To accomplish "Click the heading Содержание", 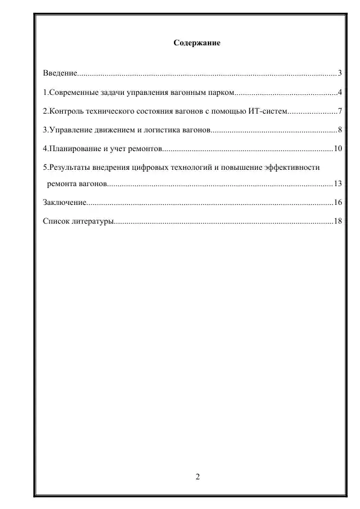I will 197,44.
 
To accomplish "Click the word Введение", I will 60,74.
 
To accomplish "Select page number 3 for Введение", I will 340,74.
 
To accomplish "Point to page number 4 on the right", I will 340,92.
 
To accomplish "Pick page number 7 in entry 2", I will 340,111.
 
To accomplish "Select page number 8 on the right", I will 340,130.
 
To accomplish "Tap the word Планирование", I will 75,148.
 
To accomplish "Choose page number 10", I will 338,148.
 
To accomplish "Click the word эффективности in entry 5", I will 290,166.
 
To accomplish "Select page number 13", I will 338,183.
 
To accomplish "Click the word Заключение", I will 65,203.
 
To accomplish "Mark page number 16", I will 338,203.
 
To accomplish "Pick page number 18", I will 338,222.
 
